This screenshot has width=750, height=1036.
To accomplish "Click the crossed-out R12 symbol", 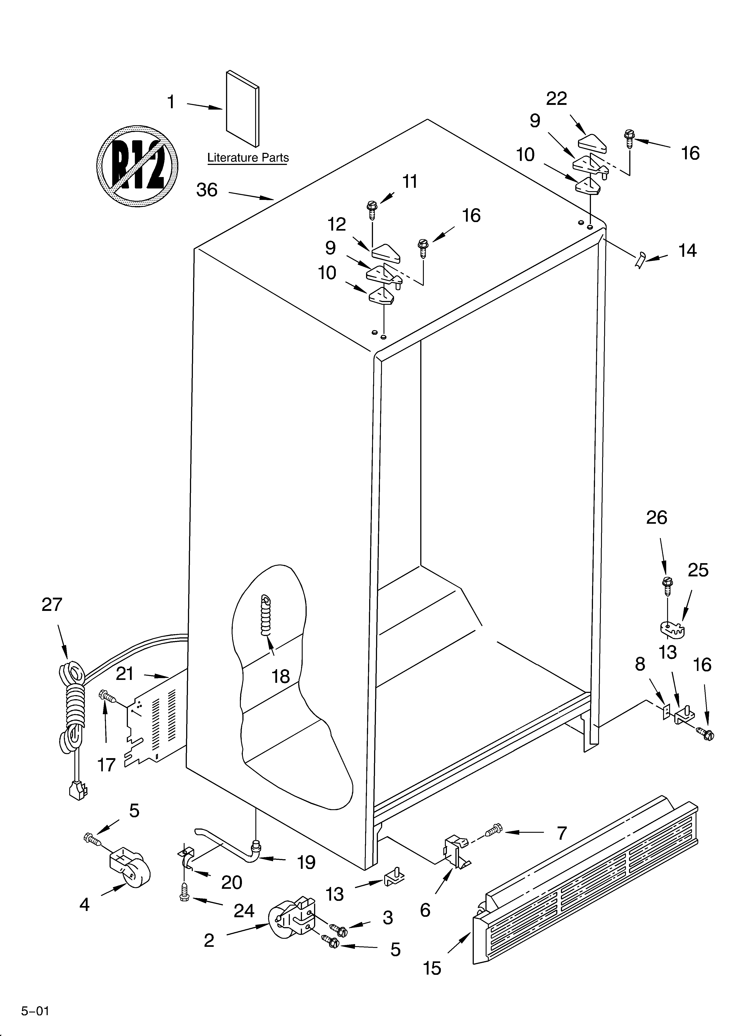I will [x=137, y=164].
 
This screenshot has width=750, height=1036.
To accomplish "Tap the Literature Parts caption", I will [x=248, y=158].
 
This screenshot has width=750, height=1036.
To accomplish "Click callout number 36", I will [x=207, y=190].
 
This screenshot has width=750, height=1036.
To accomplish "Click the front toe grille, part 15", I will [x=585, y=895].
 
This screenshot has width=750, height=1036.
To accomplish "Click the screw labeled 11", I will [x=371, y=211].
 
